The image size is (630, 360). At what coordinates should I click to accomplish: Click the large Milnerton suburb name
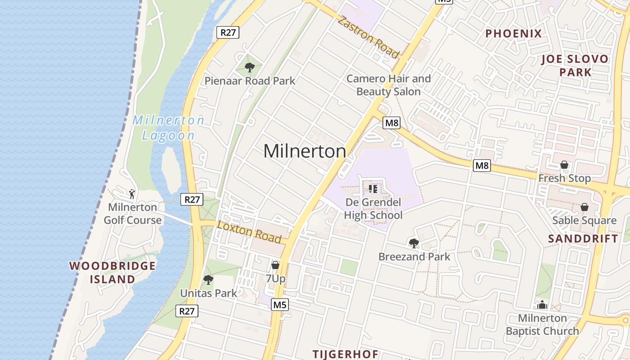305,151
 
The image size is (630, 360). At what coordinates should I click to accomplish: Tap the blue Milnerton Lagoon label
168,128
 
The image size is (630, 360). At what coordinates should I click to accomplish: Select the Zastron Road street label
368,37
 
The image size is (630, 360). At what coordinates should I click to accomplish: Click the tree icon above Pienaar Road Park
249,68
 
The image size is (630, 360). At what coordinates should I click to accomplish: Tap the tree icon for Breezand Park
414,243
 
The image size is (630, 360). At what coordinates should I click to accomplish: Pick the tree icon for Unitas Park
208,280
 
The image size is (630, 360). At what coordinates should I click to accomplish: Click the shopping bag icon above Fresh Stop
564,165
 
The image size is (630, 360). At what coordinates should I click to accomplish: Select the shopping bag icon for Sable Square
584,207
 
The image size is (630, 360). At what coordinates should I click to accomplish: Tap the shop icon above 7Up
275,265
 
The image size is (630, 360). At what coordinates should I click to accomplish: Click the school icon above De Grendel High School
373,189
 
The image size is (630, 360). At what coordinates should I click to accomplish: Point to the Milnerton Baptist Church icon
542,305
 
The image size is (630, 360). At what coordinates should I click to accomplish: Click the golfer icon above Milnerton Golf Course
132,194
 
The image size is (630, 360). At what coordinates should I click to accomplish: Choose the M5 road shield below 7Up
280,305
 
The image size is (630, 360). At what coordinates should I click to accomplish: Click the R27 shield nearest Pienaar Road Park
228,32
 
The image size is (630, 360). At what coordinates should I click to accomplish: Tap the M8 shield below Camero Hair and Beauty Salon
391,123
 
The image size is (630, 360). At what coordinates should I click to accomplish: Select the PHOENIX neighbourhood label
513,34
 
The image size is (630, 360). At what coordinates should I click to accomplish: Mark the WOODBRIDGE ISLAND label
112,272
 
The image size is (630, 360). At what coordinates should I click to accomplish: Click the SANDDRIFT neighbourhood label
583,239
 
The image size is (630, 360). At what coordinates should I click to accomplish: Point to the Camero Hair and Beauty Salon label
388,85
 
